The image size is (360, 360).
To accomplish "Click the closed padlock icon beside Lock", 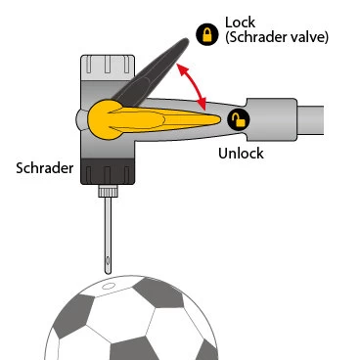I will [207, 35].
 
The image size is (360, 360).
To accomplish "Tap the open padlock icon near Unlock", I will [238, 119].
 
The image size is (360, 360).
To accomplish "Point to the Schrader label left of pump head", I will [43, 167].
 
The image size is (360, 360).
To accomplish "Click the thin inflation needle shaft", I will [106, 225].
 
